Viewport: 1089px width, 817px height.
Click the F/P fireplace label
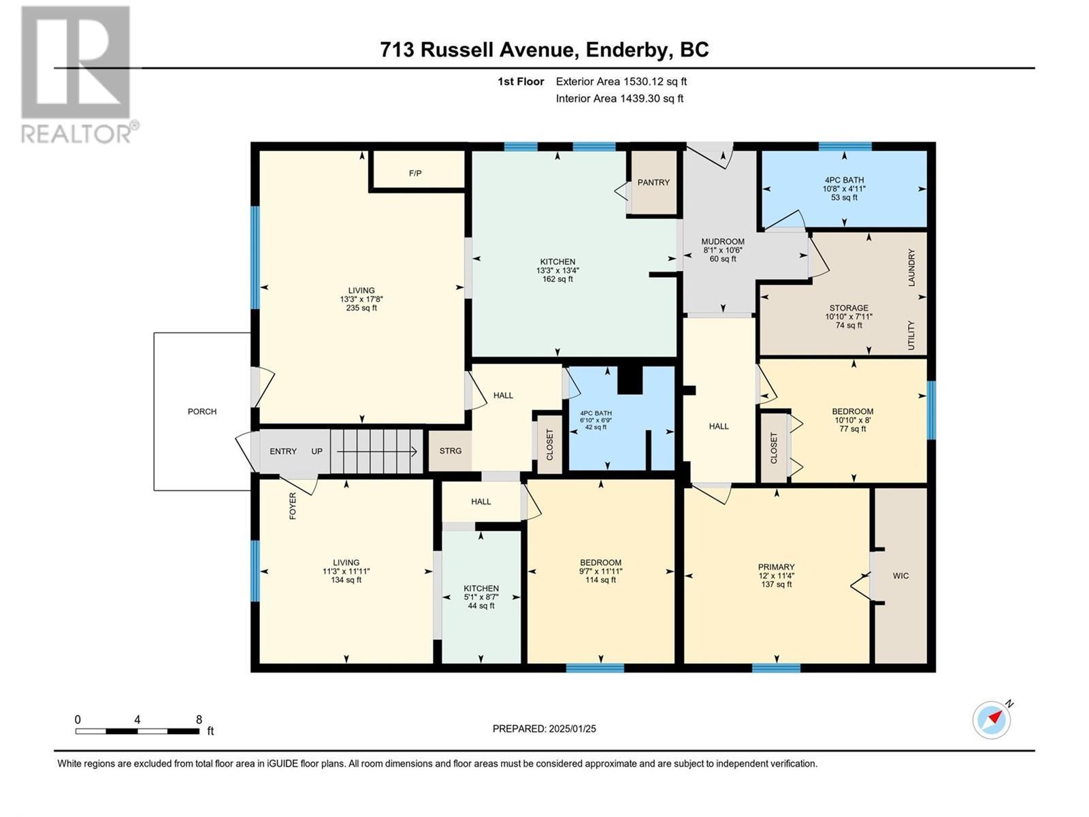415,174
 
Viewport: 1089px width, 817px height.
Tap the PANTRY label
653,182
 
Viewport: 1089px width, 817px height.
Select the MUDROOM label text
723,242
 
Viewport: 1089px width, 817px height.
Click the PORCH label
202,412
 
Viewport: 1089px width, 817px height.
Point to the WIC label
900,576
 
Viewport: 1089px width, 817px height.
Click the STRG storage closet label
450,451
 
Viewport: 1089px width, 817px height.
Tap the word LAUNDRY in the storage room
911,268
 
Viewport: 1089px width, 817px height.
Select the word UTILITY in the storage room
911,336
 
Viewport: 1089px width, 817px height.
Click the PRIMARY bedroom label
776,567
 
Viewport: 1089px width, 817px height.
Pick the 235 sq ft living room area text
361,308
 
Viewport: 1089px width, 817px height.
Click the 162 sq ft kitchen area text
557,279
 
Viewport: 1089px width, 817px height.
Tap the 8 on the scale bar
199,720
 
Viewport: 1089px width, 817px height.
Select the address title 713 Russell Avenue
544,50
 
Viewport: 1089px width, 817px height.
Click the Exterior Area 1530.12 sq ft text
621,82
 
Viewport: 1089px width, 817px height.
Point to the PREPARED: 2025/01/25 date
544,729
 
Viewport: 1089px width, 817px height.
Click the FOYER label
293,506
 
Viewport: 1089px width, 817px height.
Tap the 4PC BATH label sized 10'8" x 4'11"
844,180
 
